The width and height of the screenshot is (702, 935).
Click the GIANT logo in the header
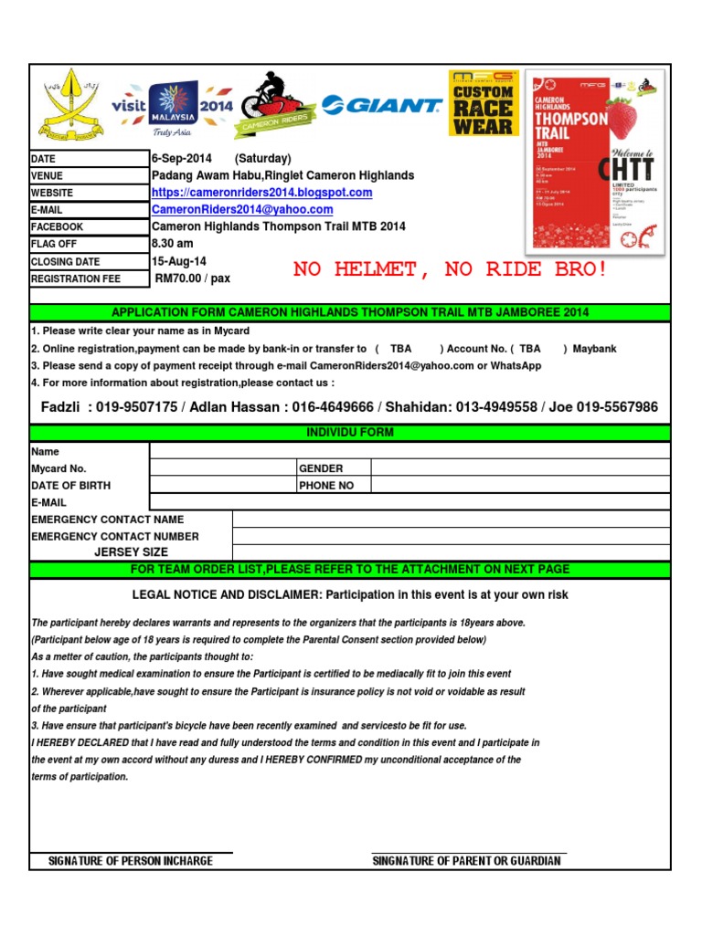click(381, 106)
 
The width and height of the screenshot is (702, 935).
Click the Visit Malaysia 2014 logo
click(172, 108)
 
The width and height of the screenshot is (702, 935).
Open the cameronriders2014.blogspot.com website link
click(261, 193)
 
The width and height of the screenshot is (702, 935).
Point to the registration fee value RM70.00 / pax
click(193, 278)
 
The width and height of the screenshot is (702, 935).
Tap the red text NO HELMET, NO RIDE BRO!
click(450, 269)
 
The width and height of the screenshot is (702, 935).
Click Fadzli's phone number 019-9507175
click(136, 407)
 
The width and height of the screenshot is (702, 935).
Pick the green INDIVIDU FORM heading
click(351, 432)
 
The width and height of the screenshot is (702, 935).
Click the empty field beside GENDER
click(521, 468)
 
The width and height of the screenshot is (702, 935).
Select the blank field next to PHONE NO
click(521, 486)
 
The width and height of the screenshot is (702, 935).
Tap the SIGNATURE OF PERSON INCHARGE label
click(131, 861)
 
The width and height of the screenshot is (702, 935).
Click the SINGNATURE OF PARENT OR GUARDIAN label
click(467, 861)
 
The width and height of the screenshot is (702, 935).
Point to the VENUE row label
click(48, 176)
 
